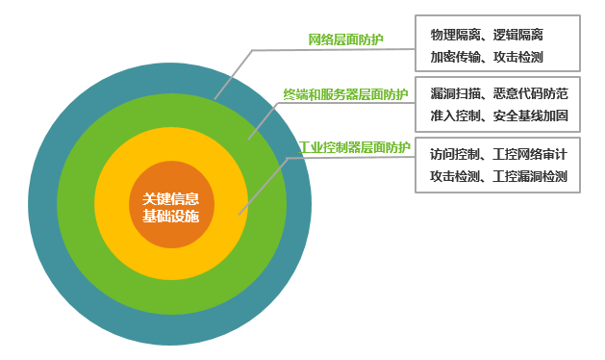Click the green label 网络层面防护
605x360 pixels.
(x=345, y=39)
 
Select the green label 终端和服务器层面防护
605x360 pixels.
(x=345, y=93)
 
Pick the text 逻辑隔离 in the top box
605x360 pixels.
(x=524, y=34)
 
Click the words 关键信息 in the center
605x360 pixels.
(x=170, y=197)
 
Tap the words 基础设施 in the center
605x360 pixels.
(x=170, y=216)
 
